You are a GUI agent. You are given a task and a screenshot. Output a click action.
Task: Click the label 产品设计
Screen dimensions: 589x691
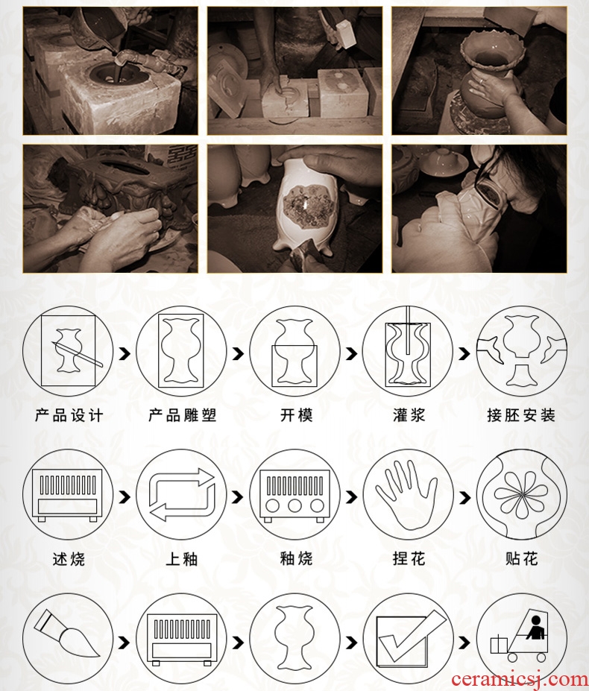pyautogui.click(x=69, y=416)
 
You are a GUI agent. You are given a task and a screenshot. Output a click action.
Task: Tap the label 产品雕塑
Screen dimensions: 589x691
pyautogui.click(x=183, y=416)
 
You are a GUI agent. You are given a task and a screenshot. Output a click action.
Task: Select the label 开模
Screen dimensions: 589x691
pyautogui.click(x=296, y=416)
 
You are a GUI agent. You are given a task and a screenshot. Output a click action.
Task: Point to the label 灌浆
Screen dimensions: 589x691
pyautogui.click(x=409, y=416)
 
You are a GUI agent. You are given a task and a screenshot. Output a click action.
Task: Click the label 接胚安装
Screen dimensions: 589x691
pyautogui.click(x=522, y=416)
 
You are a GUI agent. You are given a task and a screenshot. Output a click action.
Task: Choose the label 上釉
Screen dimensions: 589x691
pyautogui.click(x=182, y=559)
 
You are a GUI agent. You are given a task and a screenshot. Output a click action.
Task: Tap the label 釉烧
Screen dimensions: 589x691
pyautogui.click(x=296, y=559)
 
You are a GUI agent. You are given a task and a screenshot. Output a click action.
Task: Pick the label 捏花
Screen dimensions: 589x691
pyautogui.click(x=409, y=559)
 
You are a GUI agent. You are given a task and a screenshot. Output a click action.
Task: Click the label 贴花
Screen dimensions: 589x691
pyautogui.click(x=522, y=559)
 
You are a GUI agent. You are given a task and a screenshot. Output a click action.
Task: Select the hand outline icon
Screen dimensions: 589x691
pyautogui.click(x=406, y=495)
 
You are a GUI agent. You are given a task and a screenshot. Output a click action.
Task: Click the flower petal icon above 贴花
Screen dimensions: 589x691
pyautogui.click(x=521, y=494)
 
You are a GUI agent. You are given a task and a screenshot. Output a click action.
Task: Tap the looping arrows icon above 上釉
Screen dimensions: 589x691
pyautogui.click(x=182, y=495)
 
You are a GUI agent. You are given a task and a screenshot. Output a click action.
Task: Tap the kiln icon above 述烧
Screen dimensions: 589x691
pyautogui.click(x=67, y=495)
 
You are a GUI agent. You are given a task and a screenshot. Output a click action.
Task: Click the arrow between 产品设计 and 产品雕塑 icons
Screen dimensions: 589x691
pyautogui.click(x=125, y=353)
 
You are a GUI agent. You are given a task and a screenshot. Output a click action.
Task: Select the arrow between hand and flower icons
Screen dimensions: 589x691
pyautogui.click(x=464, y=497)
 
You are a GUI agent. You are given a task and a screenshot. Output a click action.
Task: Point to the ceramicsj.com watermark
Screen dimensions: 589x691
pyautogui.click(x=520, y=680)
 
